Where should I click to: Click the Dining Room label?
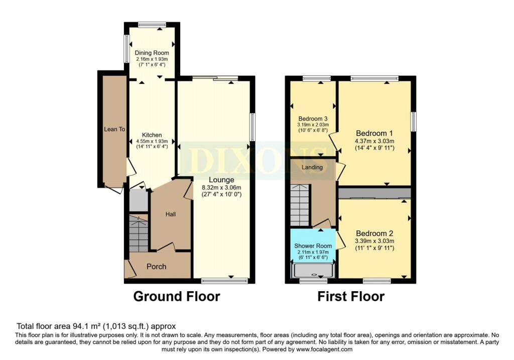coord(152,53)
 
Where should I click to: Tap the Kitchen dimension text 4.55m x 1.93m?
coord(152,141)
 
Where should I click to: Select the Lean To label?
coord(114,129)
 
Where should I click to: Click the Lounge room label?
coord(221,180)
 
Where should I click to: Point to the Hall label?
coord(171,214)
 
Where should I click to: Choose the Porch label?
coord(157,267)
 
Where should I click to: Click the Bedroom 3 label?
coord(313,118)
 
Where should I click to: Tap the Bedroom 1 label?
coord(374,134)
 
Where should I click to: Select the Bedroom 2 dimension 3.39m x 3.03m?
coord(374,241)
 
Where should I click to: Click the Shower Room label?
coord(313,246)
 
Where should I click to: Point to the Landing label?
coord(312,167)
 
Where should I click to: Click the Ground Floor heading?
coord(177,296)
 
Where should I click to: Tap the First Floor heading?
coord(351,296)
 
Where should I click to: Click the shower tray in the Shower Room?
coord(313,270)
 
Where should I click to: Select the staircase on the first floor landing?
coord(300,205)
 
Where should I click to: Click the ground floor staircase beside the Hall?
coord(139,233)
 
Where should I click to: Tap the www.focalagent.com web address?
coord(324,349)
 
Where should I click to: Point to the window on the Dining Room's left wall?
coord(125,48)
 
